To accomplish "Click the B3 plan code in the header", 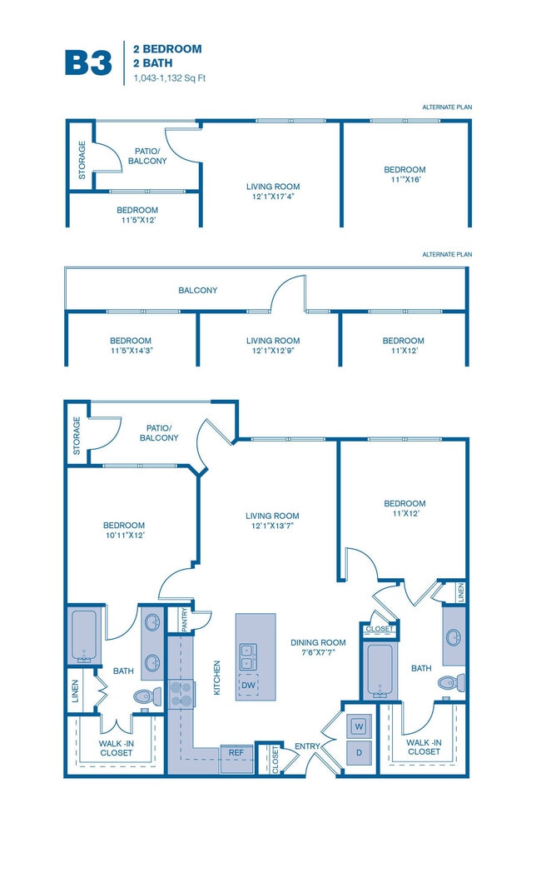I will (88, 62).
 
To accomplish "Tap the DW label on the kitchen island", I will (248, 686).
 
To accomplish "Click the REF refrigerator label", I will (236, 751).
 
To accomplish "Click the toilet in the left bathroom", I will (142, 696).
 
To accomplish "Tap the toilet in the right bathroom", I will (449, 682).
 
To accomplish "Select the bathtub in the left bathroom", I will (84, 636).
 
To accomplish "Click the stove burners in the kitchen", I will (181, 693).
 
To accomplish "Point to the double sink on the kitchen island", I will (248, 656).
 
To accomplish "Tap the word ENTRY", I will (307, 746).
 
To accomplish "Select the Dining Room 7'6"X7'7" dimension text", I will (318, 654).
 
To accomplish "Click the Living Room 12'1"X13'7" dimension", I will (272, 526).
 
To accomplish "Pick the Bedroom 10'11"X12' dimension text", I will (125, 536).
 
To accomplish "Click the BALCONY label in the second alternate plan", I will (197, 291).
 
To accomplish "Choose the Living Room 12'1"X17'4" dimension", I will (272, 197).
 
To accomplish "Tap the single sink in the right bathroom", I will (453, 637).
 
